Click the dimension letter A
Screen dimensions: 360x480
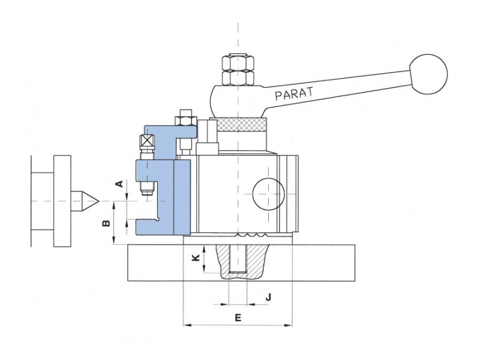pos(119,184)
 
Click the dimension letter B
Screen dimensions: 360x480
pos(106,223)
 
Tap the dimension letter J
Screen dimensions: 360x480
pos(269,296)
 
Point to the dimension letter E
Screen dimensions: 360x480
pos(238,317)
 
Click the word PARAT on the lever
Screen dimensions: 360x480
pos(294,92)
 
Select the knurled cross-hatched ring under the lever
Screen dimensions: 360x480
pos(242,125)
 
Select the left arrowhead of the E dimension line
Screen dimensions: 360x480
pos(186,325)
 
